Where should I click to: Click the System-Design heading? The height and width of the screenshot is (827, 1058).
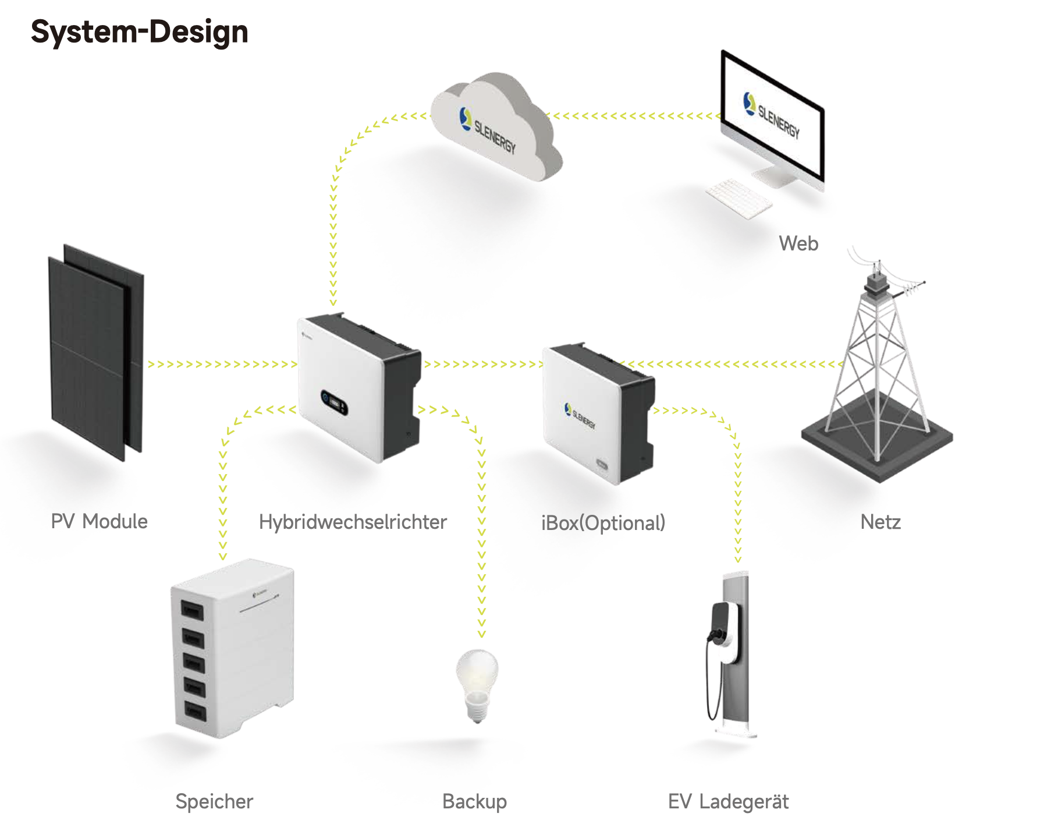click(139, 32)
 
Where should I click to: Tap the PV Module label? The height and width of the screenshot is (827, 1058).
click(99, 521)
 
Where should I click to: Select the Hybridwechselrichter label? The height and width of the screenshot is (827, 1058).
click(353, 522)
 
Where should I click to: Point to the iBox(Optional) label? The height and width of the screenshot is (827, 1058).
click(603, 523)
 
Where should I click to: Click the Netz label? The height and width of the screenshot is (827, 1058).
click(881, 522)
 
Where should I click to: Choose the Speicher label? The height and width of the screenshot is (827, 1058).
click(214, 802)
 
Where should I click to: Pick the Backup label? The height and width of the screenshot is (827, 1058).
click(474, 802)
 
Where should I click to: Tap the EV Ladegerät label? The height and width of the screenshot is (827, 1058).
click(728, 802)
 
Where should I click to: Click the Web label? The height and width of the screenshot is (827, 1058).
click(798, 243)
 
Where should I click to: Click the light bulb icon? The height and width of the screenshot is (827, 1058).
click(477, 684)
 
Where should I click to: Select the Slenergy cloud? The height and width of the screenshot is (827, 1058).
click(495, 128)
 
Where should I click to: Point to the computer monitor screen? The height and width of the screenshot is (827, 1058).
click(773, 116)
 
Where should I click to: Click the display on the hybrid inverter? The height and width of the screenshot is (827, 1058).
click(335, 402)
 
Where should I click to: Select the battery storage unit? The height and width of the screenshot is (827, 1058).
click(233, 646)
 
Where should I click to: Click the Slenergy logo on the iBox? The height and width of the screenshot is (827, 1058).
click(580, 415)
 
